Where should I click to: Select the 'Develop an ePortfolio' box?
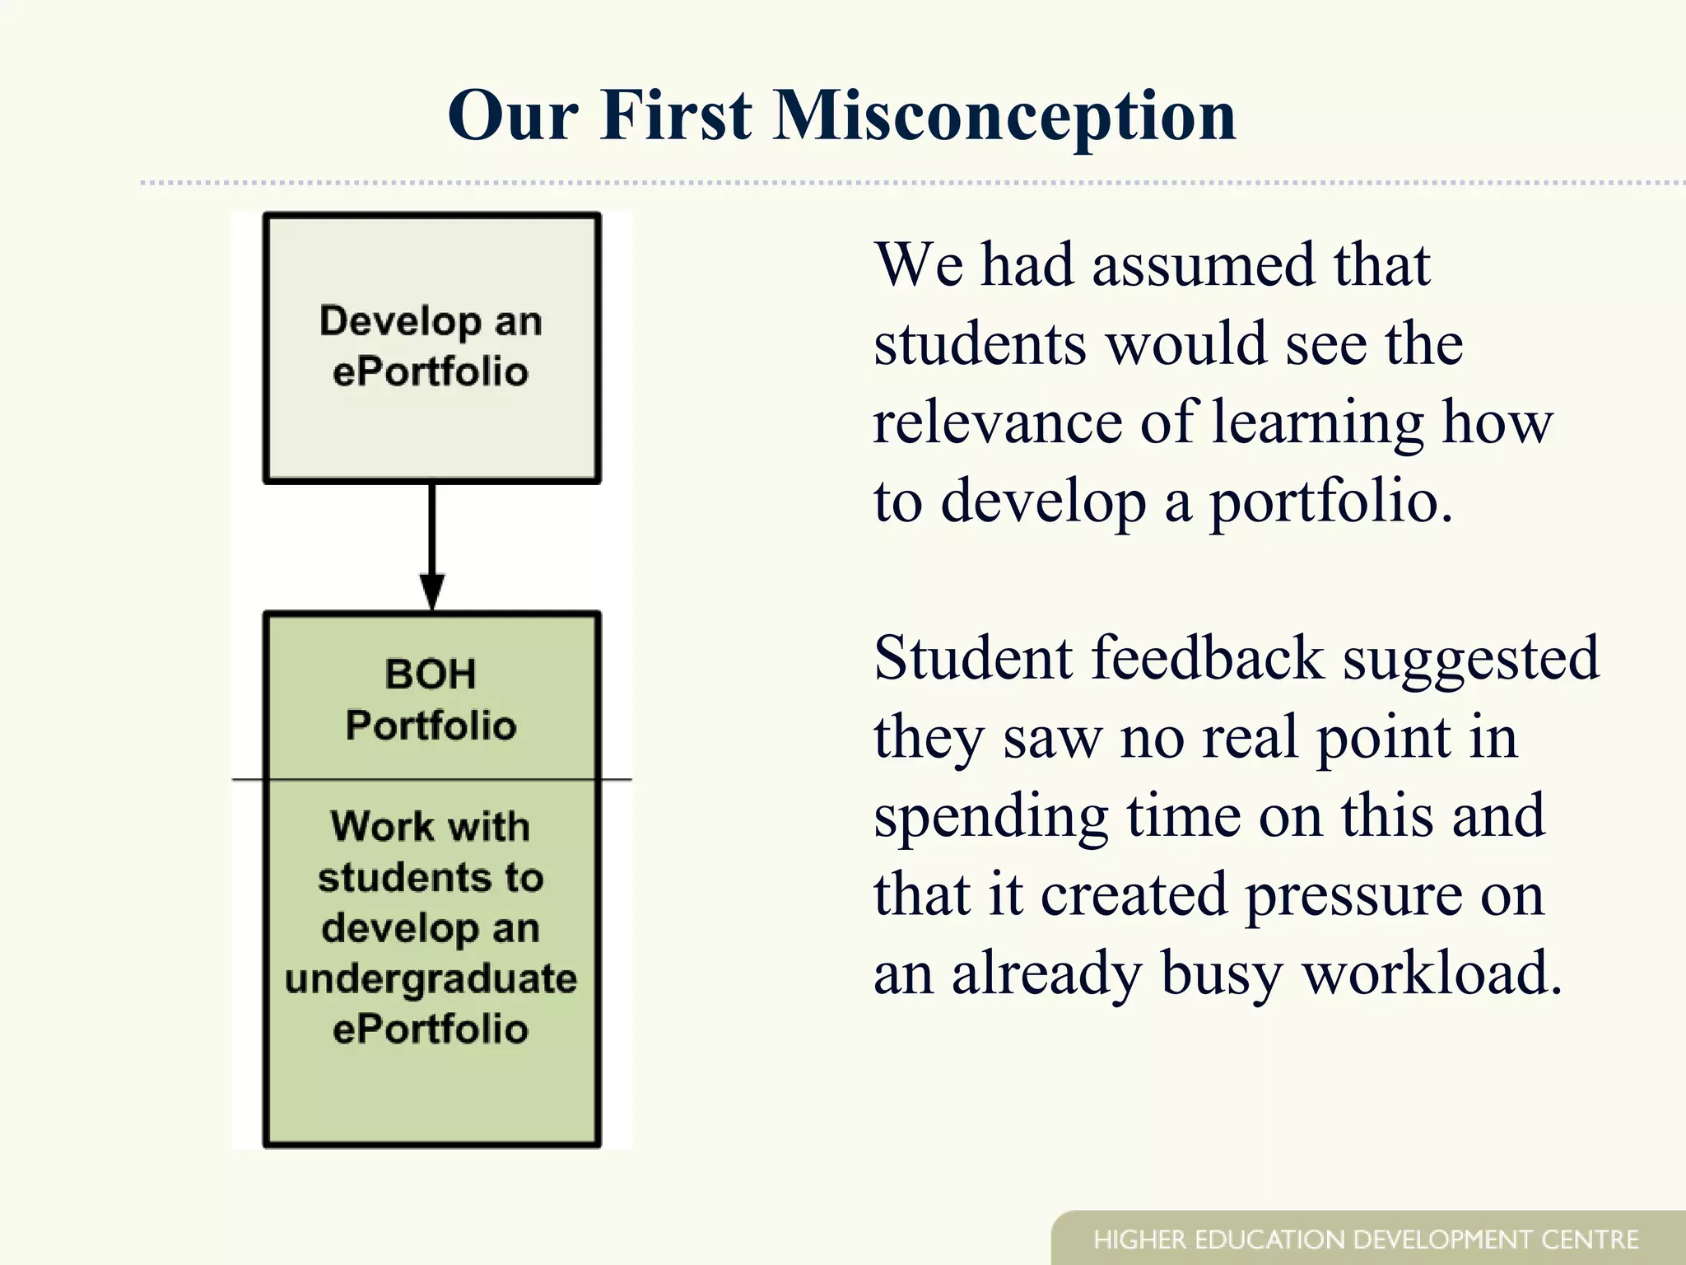click(x=431, y=348)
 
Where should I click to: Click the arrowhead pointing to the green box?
click(x=431, y=590)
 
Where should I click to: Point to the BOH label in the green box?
click(x=431, y=675)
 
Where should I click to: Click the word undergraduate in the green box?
click(x=431, y=980)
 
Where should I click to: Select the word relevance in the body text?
click(x=996, y=422)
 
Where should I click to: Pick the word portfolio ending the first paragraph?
click(x=1330, y=502)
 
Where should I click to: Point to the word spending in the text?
click(x=990, y=818)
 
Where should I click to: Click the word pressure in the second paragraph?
click(x=1353, y=896)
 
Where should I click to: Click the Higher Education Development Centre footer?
click(x=1366, y=1239)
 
